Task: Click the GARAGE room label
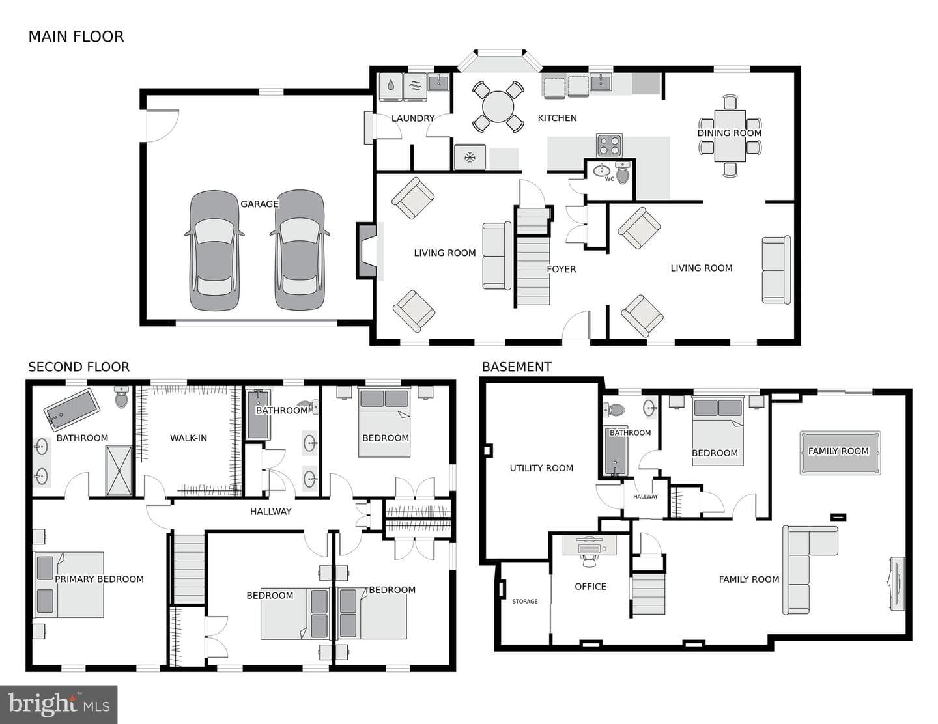coord(259,204)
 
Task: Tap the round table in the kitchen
coord(498,107)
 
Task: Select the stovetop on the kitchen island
coord(609,145)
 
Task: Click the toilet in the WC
coord(623,173)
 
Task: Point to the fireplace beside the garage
coord(367,250)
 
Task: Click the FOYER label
coord(561,270)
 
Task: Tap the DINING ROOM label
coord(730,133)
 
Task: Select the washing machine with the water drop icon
coord(391,87)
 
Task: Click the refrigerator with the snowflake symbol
coord(470,157)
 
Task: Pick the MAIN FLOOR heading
coord(76,36)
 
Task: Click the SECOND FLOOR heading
coord(79,367)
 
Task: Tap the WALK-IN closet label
coord(189,438)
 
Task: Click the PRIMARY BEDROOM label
coord(99,579)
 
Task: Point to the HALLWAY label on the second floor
coord(270,511)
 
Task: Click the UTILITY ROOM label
coord(541,468)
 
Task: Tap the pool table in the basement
coord(840,452)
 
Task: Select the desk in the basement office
coord(590,545)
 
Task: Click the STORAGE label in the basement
coord(525,602)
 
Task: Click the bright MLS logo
coord(59,704)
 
